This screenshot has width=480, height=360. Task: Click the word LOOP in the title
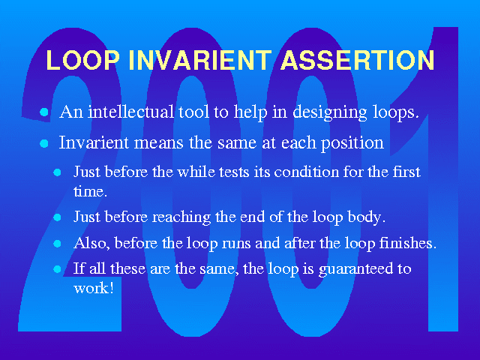pyautogui.click(x=82, y=60)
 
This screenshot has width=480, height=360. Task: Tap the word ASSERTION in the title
pyautogui.click(x=358, y=60)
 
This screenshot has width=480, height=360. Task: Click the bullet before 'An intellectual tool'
pyautogui.click(x=44, y=112)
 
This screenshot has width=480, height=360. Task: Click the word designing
pyautogui.click(x=330, y=113)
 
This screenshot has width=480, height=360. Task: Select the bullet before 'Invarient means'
pyautogui.click(x=44, y=143)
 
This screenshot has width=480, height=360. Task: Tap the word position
pyautogui.click(x=352, y=143)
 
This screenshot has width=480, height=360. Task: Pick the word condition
pyautogui.click(x=307, y=172)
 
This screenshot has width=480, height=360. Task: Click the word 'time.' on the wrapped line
pyautogui.click(x=90, y=192)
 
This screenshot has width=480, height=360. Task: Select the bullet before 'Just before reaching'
pyautogui.click(x=57, y=217)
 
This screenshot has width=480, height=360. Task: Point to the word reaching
pyautogui.click(x=181, y=217)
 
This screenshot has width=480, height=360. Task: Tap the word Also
pyautogui.click(x=91, y=243)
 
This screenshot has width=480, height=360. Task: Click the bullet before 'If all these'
pyautogui.click(x=57, y=269)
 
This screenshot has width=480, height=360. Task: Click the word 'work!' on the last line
pyautogui.click(x=94, y=288)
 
